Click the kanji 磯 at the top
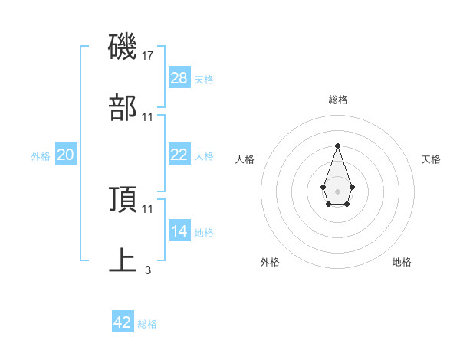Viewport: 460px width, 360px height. tap(123, 47)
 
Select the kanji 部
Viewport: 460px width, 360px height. tap(123, 108)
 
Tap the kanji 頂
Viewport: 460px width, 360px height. tap(123, 199)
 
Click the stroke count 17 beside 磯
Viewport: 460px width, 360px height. tap(148, 56)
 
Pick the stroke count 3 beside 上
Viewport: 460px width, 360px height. tap(148, 270)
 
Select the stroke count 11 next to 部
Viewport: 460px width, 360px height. tap(148, 117)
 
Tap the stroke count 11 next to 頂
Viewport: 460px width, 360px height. tap(148, 208)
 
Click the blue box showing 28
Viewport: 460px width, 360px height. tap(179, 78)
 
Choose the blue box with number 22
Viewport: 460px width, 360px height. tap(179, 155)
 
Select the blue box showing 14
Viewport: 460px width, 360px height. tap(179, 231)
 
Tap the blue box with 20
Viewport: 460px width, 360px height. tap(66, 155)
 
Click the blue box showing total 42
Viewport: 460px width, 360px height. tap(123, 322)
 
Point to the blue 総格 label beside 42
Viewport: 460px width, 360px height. tap(147, 324)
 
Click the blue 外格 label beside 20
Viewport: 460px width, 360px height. tap(41, 156)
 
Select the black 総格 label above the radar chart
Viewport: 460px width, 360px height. tap(337, 100)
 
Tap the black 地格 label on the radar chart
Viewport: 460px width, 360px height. tap(402, 262)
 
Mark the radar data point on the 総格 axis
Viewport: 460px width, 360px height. tap(337, 146)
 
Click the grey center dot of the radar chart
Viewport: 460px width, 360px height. tap(337, 190)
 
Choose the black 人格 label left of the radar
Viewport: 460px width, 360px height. tap(245, 159)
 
